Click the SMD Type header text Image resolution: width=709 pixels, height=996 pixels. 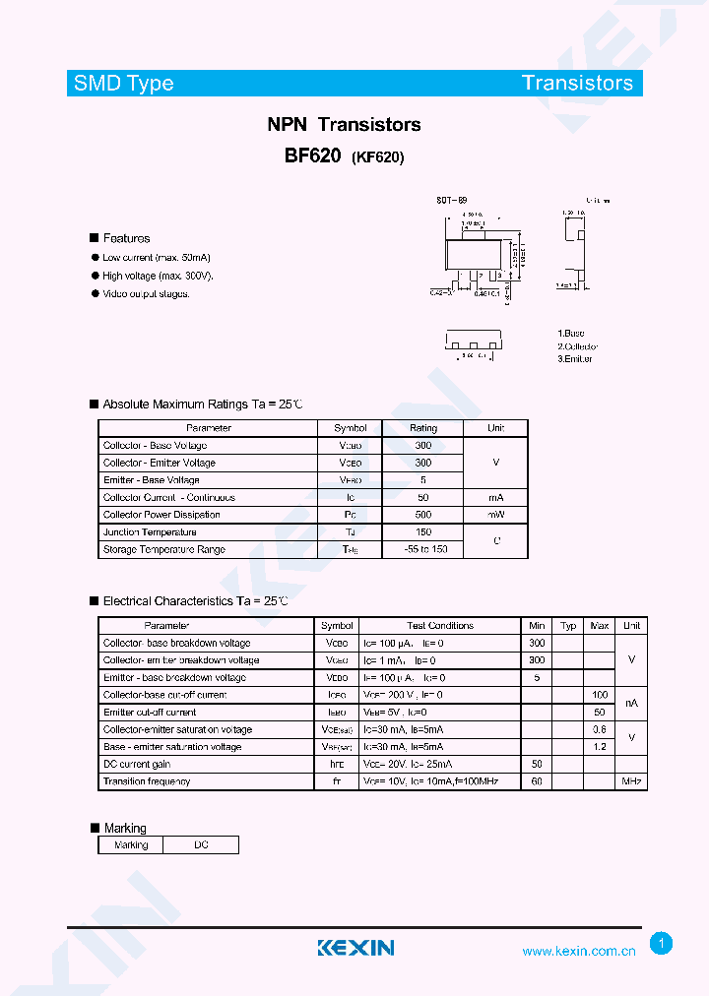124,84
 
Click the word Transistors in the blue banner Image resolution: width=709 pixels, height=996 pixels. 577,83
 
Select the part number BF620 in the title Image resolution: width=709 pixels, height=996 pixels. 312,156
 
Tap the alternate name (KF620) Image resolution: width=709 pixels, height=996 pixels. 377,157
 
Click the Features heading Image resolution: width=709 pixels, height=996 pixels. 126,238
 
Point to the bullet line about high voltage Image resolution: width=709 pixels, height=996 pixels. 158,276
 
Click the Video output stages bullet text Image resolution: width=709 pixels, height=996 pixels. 146,293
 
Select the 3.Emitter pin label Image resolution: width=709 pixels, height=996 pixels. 575,358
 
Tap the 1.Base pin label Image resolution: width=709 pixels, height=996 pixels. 571,334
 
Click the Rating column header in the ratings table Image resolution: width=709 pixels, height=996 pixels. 423,428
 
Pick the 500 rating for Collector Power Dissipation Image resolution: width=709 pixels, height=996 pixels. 423,515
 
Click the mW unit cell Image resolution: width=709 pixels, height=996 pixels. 496,515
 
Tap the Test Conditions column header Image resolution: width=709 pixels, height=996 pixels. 440,625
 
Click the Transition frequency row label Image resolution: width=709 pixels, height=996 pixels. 147,781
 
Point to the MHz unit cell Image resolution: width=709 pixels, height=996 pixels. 631,781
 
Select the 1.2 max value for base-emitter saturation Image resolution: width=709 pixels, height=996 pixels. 599,747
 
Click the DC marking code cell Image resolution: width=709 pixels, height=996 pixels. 201,844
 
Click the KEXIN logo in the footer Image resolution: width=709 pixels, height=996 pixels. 355,948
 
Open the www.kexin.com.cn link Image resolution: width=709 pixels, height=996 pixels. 578,951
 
